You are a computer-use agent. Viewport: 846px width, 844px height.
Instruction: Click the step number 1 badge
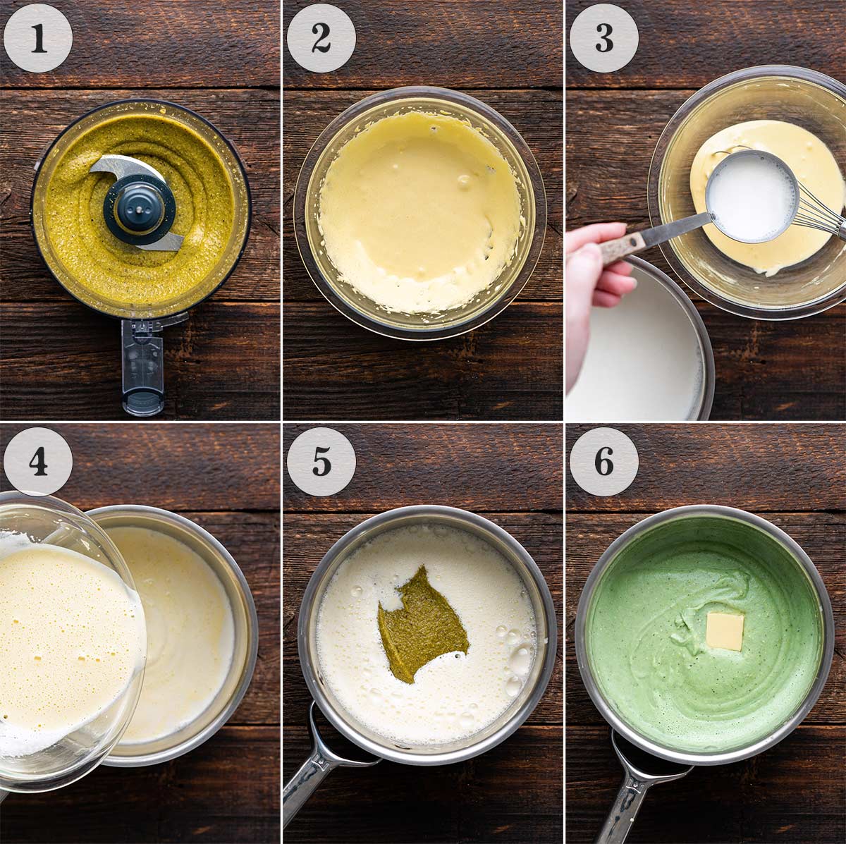[x=38, y=38]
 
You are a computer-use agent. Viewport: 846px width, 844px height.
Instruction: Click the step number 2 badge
[x=321, y=38]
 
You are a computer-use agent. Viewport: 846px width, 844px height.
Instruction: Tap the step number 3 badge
[x=603, y=38]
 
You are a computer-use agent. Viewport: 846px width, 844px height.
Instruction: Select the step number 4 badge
[x=38, y=461]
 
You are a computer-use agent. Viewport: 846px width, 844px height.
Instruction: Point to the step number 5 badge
[x=321, y=461]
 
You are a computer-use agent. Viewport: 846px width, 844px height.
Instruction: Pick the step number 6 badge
[x=603, y=461]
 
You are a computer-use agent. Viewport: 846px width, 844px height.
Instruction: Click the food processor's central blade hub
[x=139, y=205]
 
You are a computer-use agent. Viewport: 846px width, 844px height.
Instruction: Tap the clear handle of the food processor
[x=143, y=367]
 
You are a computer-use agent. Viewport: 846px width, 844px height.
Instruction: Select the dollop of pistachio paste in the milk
[x=421, y=620]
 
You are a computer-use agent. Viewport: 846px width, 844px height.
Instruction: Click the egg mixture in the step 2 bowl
[x=416, y=212]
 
